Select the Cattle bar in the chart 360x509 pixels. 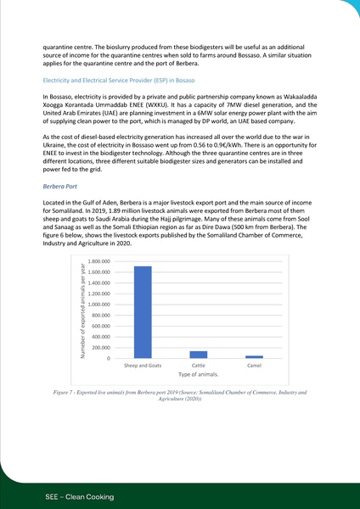[199, 355]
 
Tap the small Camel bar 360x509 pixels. [254, 356]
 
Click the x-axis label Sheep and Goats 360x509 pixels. [143, 366]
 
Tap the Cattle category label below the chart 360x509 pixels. [199, 366]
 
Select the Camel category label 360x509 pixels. [254, 366]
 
